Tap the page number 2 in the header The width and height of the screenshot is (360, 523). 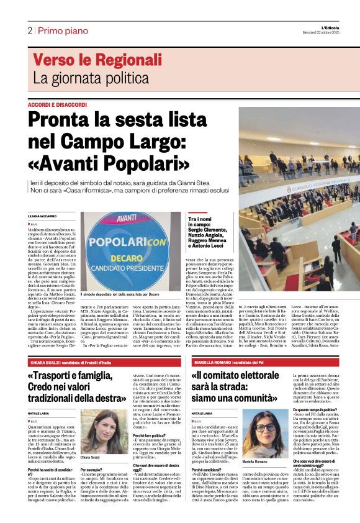pos(29,30)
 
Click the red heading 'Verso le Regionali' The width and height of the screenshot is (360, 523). pos(88,60)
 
